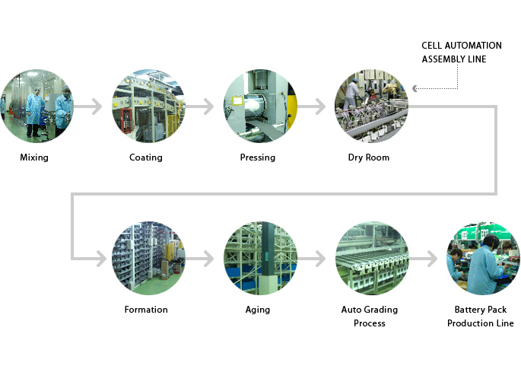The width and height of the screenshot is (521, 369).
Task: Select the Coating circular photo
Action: click(x=148, y=107)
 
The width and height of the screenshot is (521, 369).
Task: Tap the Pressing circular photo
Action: click(x=259, y=107)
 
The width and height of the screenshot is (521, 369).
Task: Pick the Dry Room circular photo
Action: click(x=371, y=107)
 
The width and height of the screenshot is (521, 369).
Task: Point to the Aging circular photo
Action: click(x=259, y=259)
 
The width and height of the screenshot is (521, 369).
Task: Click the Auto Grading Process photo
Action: click(x=371, y=259)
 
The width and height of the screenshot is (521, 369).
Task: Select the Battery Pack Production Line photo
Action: click(x=481, y=259)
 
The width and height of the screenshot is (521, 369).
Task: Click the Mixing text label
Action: click(x=34, y=158)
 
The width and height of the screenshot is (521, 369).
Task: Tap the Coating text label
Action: click(x=146, y=158)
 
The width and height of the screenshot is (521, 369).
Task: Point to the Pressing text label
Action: click(x=258, y=158)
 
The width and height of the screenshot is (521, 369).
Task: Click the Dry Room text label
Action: click(x=369, y=158)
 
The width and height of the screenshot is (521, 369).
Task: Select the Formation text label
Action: click(x=146, y=310)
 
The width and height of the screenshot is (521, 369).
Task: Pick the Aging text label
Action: click(x=258, y=310)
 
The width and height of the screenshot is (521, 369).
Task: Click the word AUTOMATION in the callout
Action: click(x=473, y=46)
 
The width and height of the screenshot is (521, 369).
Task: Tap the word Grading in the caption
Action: click(x=380, y=310)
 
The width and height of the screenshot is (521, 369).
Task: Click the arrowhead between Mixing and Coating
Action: click(x=98, y=107)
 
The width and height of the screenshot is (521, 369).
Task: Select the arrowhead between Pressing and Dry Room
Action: click(x=321, y=107)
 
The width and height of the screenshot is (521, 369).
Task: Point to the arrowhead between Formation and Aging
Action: click(x=210, y=259)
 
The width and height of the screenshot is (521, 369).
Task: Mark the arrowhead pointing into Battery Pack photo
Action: click(x=434, y=259)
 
